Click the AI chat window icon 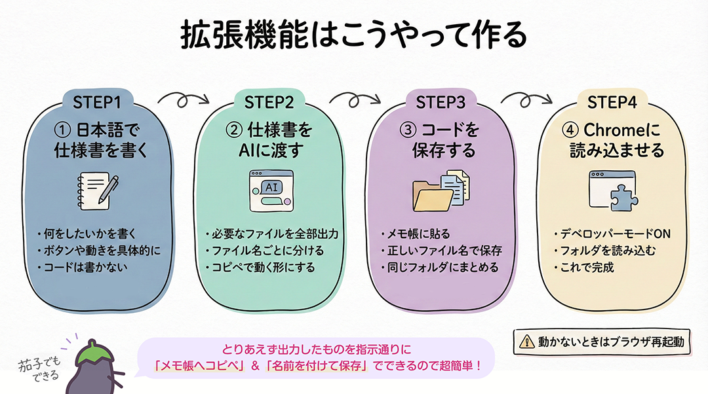coord(271,190)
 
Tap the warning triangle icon coord(527,341)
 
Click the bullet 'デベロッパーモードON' coord(611,234)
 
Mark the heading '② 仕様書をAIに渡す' coord(269,140)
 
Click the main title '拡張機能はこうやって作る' coord(353,36)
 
